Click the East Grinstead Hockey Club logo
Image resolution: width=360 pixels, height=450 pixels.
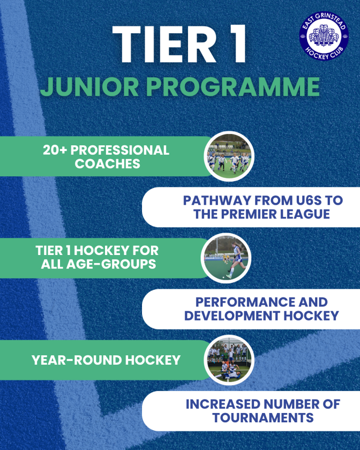[324, 36]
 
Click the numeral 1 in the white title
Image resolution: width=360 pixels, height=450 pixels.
[235, 44]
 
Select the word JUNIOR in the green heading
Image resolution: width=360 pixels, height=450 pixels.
[90, 87]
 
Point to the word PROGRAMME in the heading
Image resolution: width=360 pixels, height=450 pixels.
[233, 87]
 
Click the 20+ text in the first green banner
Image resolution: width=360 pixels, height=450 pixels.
[55, 150]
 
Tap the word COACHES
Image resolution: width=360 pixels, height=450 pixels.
[107, 164]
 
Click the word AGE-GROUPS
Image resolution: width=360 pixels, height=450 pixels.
[111, 264]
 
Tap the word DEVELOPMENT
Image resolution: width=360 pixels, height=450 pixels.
[232, 315]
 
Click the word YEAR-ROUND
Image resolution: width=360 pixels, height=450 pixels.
[77, 360]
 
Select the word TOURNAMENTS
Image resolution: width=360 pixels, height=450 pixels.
[262, 418]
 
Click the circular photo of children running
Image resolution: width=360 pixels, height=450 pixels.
[229, 157]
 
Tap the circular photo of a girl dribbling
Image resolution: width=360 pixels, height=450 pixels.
[226, 258]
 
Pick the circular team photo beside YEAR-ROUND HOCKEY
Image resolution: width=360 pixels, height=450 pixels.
[229, 360]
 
